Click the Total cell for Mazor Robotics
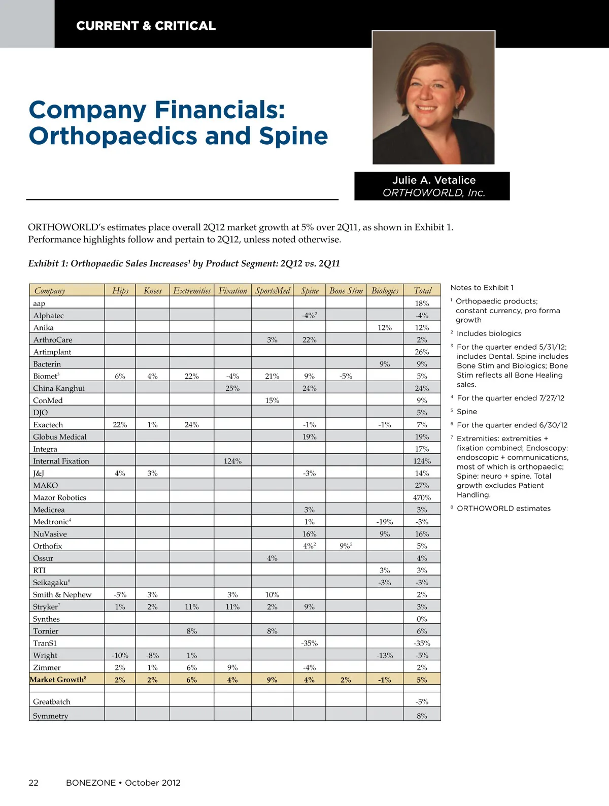(x=422, y=497)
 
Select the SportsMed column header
(x=273, y=290)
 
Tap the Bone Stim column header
(x=346, y=290)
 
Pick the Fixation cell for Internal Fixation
(x=232, y=461)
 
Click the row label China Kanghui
(x=59, y=388)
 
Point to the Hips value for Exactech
(x=120, y=425)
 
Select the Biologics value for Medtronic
(x=385, y=522)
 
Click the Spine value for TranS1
(x=310, y=643)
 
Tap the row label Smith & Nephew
(x=62, y=594)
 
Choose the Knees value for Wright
(x=152, y=655)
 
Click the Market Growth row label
(x=58, y=680)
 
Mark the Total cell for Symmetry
(x=422, y=716)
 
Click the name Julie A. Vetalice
(x=433, y=180)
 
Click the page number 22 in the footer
(x=33, y=783)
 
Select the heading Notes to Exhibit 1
(x=482, y=287)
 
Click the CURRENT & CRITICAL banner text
(x=146, y=26)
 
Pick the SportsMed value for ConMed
(x=272, y=400)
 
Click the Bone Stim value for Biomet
(x=346, y=376)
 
